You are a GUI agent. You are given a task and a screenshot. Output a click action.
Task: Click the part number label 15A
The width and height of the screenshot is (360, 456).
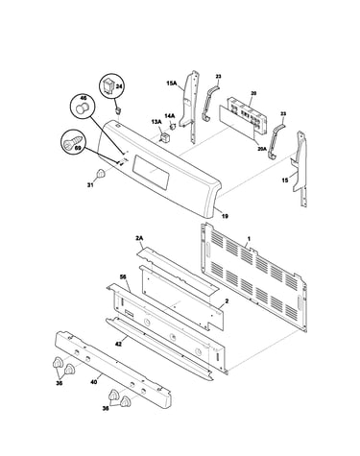click(x=172, y=84)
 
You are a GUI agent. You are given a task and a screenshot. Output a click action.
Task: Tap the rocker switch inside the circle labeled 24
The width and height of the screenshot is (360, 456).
click(x=108, y=85)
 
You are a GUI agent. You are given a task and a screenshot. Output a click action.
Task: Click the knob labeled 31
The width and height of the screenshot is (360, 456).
click(x=101, y=174)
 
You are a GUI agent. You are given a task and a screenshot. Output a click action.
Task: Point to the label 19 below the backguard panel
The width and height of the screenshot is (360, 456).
click(x=225, y=216)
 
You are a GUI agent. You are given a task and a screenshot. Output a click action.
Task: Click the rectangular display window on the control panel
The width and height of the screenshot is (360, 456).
click(x=150, y=171)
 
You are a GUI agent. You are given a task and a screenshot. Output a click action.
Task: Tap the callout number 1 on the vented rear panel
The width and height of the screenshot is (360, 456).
click(x=250, y=239)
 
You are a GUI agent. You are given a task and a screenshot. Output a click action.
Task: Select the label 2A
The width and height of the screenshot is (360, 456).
click(x=139, y=238)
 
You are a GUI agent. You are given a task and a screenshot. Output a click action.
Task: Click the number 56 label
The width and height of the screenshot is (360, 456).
click(x=123, y=276)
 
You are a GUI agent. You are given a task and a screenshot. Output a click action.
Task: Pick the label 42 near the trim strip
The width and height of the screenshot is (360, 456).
click(x=119, y=344)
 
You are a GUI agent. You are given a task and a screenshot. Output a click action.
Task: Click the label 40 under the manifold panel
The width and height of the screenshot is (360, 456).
click(x=94, y=382)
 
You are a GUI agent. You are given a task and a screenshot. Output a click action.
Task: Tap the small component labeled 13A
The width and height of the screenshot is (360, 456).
click(x=165, y=137)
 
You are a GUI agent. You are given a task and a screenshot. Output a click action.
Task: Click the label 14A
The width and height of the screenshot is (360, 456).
click(x=170, y=115)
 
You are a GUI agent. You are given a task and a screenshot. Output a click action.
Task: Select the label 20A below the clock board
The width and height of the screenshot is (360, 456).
click(x=262, y=148)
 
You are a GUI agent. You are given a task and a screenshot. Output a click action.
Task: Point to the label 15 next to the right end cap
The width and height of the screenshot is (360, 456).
click(x=285, y=180)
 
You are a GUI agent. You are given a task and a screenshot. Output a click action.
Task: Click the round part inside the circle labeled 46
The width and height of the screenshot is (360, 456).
click(x=82, y=108)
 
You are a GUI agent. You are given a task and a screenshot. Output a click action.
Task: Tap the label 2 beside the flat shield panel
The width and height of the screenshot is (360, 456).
click(x=227, y=300)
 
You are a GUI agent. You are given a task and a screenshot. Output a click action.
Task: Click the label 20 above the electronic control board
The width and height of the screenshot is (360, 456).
click(x=253, y=94)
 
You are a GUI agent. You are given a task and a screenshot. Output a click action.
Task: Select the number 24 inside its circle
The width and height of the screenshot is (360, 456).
click(x=119, y=86)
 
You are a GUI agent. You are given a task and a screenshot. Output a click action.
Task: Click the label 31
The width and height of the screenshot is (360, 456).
click(x=90, y=184)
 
